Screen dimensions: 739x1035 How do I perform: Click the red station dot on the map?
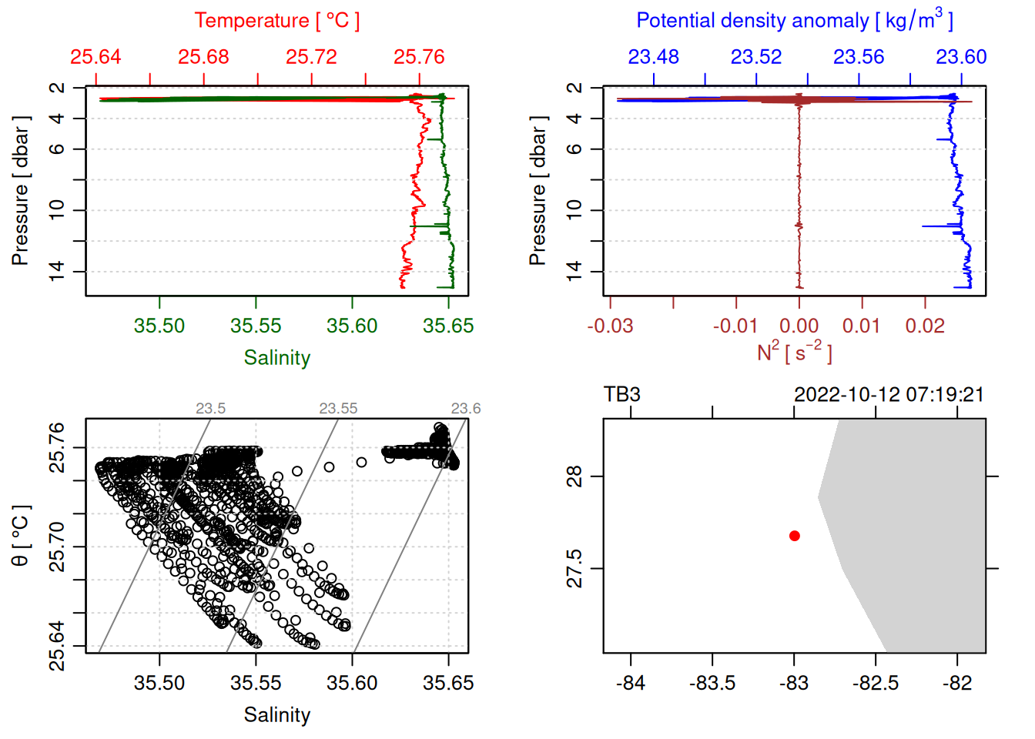coord(794,536)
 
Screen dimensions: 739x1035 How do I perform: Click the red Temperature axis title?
coord(276,21)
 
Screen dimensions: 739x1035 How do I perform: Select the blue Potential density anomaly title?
coord(794,21)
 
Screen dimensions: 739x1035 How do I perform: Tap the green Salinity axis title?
coord(276,358)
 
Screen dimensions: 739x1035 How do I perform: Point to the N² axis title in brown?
coord(794,353)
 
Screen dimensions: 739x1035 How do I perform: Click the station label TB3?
coord(621,395)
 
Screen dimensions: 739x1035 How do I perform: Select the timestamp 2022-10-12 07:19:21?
coord(889,395)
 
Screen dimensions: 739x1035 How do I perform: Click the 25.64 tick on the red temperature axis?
coord(95,57)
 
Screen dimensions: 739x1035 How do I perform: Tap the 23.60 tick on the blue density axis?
coord(961,57)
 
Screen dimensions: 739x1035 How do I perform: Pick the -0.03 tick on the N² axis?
coord(610,326)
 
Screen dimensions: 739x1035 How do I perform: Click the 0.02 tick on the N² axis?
coord(925,326)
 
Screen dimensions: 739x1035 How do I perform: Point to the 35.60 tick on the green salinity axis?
coord(352,326)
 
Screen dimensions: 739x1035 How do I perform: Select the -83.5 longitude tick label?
coord(712,683)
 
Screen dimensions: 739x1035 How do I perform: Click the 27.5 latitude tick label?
coord(575,568)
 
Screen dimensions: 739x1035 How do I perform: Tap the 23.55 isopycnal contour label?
coord(338,409)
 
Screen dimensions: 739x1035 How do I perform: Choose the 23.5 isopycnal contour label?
coord(210,409)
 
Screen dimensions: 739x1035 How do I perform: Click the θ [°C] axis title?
coord(21,536)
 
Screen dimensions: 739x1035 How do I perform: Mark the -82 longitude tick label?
coord(957,683)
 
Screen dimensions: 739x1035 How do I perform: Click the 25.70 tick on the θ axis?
coord(57,547)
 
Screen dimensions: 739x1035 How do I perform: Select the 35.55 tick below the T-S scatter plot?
coord(256,683)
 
